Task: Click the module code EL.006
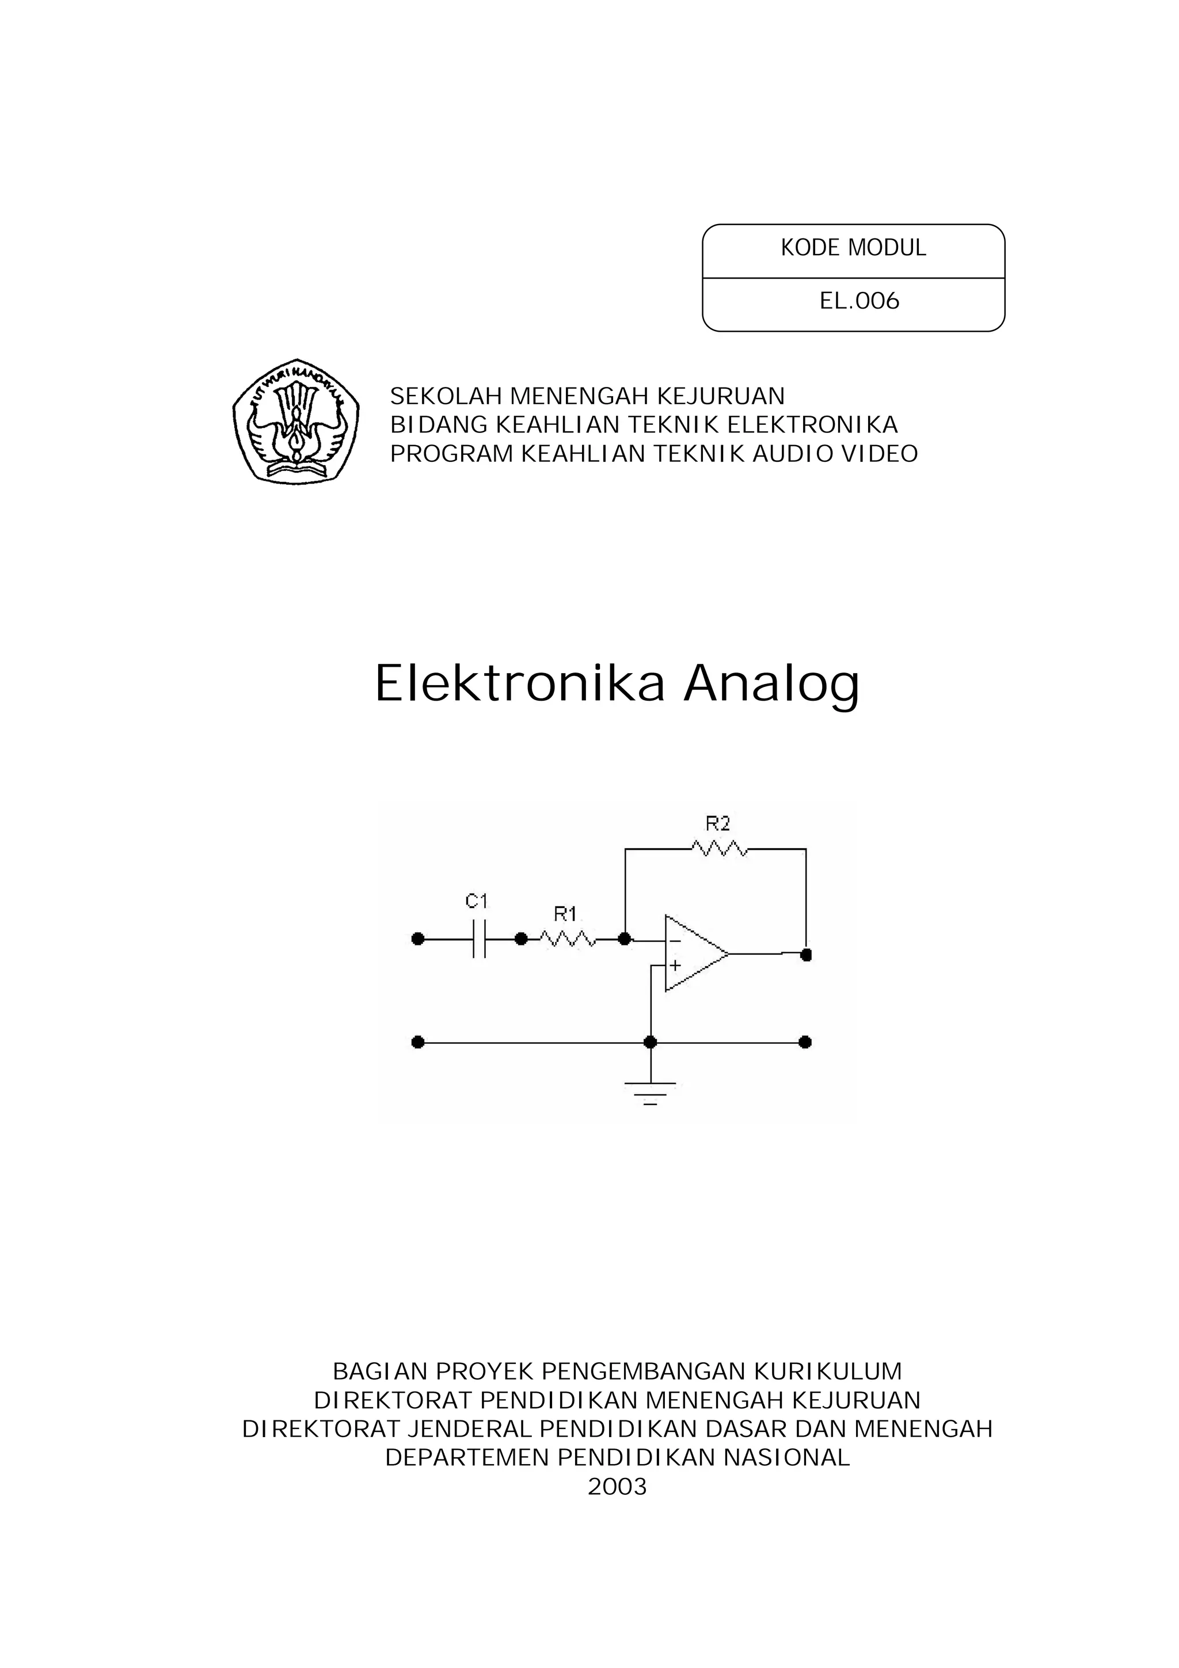point(859,301)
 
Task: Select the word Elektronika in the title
point(519,683)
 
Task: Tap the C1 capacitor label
point(477,902)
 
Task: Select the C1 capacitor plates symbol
point(479,939)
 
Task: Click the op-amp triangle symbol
point(694,953)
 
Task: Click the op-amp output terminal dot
point(805,955)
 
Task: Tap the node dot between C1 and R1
point(521,939)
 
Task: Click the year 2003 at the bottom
point(617,1487)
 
